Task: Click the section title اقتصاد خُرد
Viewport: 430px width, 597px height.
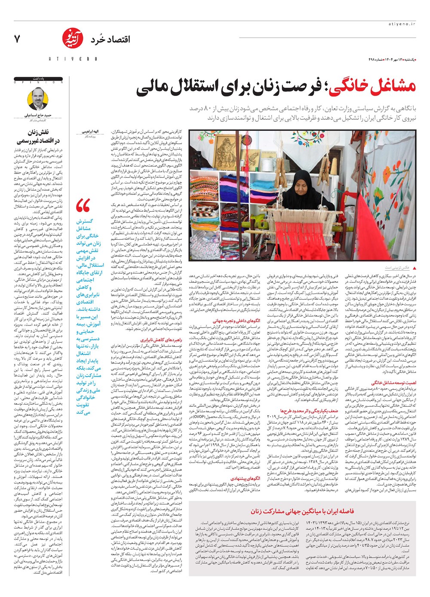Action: click(110, 40)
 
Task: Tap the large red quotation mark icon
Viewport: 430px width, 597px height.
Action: click(83, 206)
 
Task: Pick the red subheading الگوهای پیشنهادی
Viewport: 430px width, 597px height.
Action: click(245, 478)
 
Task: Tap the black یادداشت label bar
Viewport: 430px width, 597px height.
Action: click(39, 79)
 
